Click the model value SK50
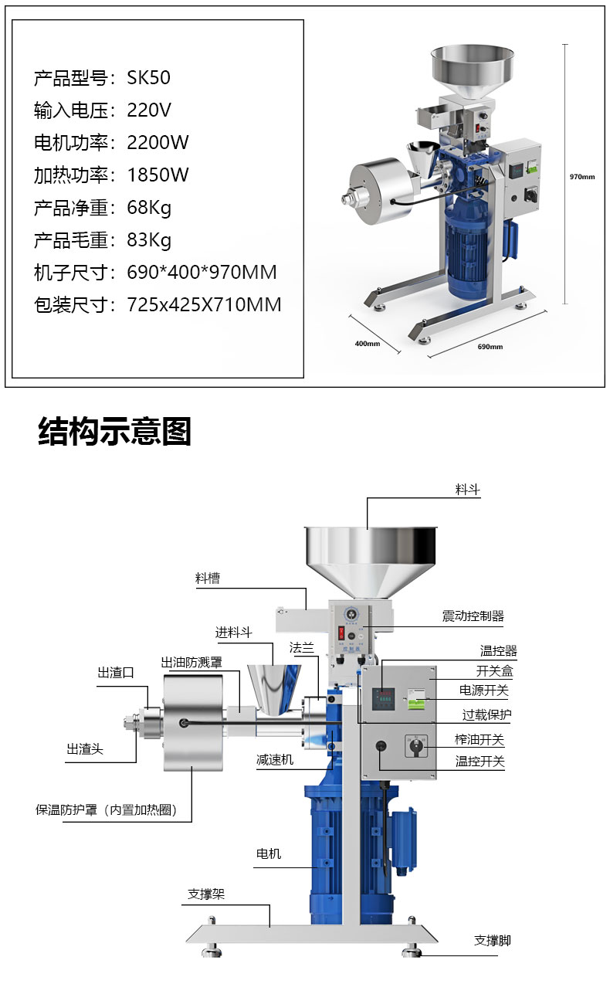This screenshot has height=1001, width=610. (x=148, y=78)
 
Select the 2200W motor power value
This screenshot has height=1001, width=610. (x=158, y=143)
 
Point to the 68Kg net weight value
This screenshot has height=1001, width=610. (x=149, y=208)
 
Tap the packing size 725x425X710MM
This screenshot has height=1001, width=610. (x=204, y=305)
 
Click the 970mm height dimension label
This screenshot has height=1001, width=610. (x=582, y=177)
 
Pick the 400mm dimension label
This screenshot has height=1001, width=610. (x=368, y=343)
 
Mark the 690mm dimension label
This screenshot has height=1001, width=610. (x=490, y=346)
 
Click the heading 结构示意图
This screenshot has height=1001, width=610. (x=115, y=431)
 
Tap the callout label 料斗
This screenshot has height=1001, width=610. (x=467, y=490)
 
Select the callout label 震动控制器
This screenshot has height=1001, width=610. (x=473, y=616)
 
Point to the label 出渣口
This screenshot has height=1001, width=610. (x=116, y=673)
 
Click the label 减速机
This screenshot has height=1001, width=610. (x=275, y=760)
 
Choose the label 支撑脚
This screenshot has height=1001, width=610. (x=493, y=940)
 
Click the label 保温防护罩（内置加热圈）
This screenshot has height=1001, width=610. (x=107, y=809)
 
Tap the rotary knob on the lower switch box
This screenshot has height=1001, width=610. (x=416, y=746)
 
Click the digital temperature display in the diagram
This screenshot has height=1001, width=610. (x=384, y=699)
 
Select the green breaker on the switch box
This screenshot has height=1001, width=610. (x=415, y=699)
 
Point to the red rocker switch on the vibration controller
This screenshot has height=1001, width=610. (x=341, y=633)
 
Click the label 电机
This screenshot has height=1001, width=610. (x=269, y=853)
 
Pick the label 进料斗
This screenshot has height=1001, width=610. (x=234, y=633)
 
